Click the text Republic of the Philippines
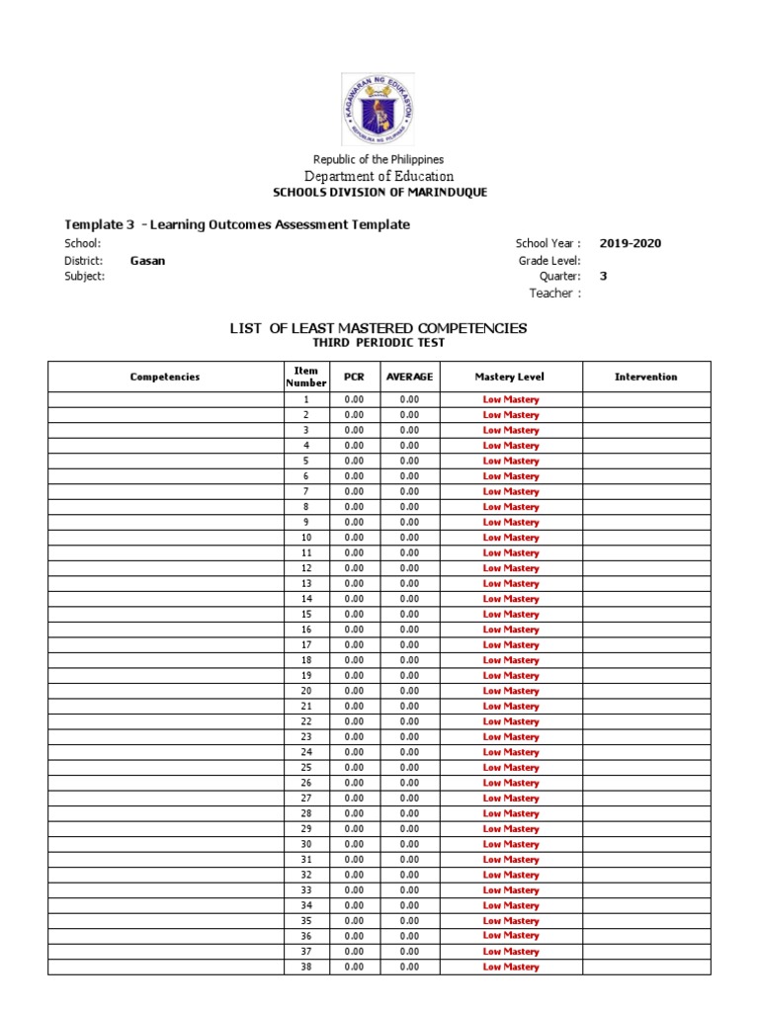pyautogui.click(x=379, y=159)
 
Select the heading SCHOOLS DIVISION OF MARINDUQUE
pyautogui.click(x=379, y=193)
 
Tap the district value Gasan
pyautogui.click(x=147, y=260)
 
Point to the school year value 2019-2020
pyautogui.click(x=631, y=243)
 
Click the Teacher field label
pyautogui.click(x=554, y=293)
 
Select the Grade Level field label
pyautogui.click(x=549, y=260)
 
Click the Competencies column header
pyautogui.click(x=165, y=377)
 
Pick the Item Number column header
pyautogui.click(x=305, y=377)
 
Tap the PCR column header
pyautogui.click(x=354, y=377)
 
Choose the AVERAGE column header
pyautogui.click(x=409, y=377)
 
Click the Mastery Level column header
pyautogui.click(x=509, y=377)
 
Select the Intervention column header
pyautogui.click(x=645, y=377)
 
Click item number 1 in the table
pyautogui.click(x=305, y=400)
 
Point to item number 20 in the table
pyautogui.click(x=305, y=691)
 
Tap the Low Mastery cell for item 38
pyautogui.click(x=510, y=967)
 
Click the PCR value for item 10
pyautogui.click(x=354, y=538)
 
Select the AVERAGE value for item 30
pyautogui.click(x=409, y=844)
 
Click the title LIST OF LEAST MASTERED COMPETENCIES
pyautogui.click(x=379, y=327)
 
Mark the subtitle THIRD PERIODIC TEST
pyautogui.click(x=379, y=343)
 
